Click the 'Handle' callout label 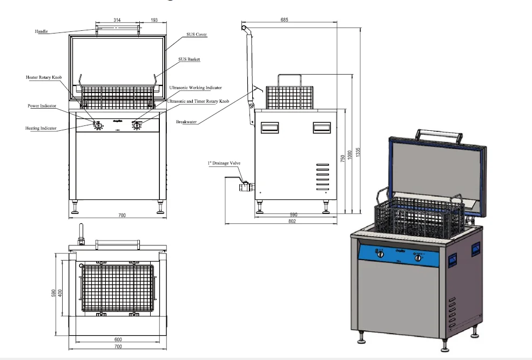point(41,31)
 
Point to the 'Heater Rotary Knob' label point(44,78)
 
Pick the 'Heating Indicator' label point(41,128)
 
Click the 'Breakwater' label point(186,122)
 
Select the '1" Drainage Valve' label point(223,162)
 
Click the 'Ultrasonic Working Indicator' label point(196,87)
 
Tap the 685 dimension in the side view point(285,20)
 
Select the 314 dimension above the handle point(117,19)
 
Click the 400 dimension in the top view point(61,292)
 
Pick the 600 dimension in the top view point(118,339)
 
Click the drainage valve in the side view point(244,186)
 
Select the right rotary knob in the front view point(138,125)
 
